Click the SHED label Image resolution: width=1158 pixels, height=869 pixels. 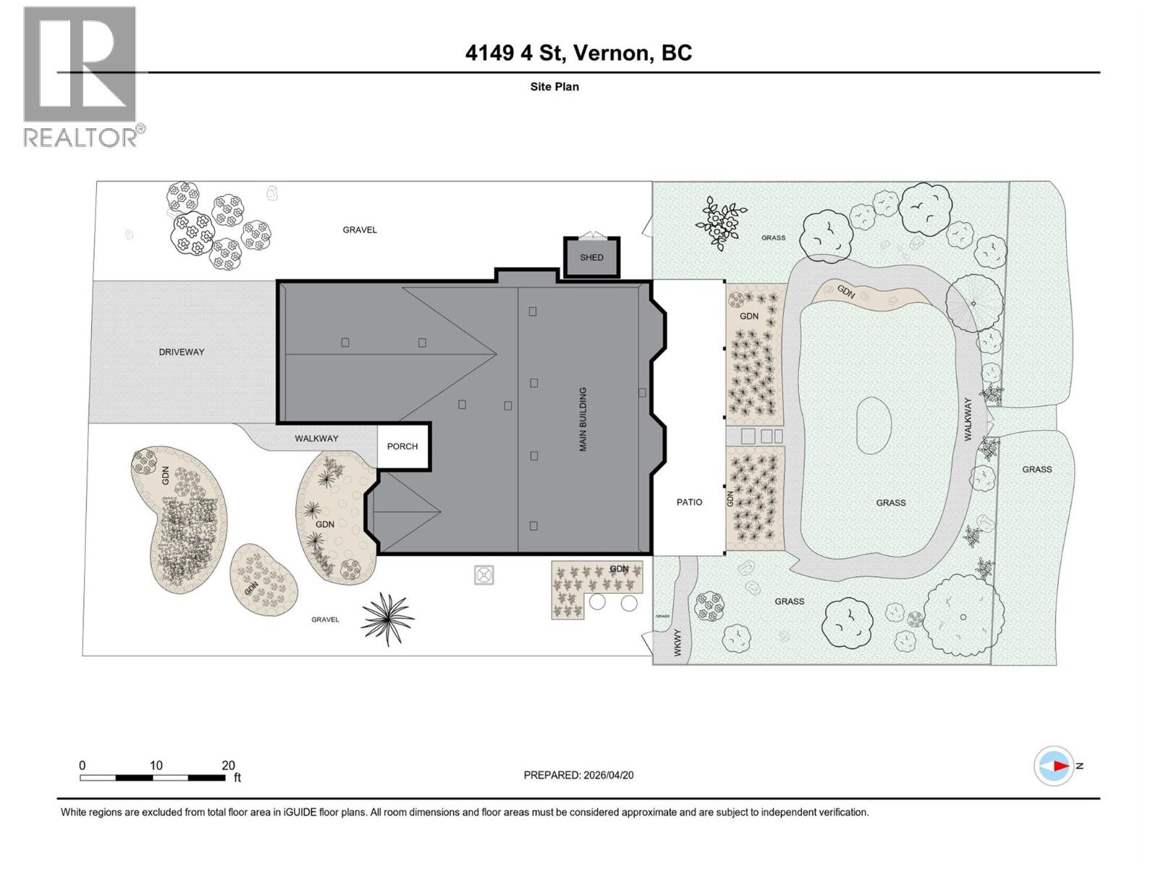pos(591,257)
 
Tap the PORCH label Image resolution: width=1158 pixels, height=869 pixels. pos(402,446)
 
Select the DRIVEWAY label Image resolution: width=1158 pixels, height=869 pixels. pos(182,352)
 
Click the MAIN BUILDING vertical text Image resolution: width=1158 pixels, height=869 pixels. pos(583,419)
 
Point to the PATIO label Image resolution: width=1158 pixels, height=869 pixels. pos(689,502)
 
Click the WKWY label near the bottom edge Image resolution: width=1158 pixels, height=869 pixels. pos(678,643)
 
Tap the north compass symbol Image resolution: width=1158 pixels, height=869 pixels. pos(1054,765)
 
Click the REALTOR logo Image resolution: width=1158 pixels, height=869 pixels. pos(80,76)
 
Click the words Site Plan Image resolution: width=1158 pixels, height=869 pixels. pos(554,86)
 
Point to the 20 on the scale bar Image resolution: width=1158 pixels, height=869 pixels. pos(228,765)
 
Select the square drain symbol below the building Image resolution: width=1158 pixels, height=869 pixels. pos(484,575)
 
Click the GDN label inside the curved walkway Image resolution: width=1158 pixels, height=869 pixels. pos(846,291)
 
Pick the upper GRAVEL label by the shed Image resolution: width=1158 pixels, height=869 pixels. pos(360,230)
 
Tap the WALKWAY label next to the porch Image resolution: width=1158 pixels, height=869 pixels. pos(316,438)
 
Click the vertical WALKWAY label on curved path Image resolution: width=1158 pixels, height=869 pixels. pos(968,419)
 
